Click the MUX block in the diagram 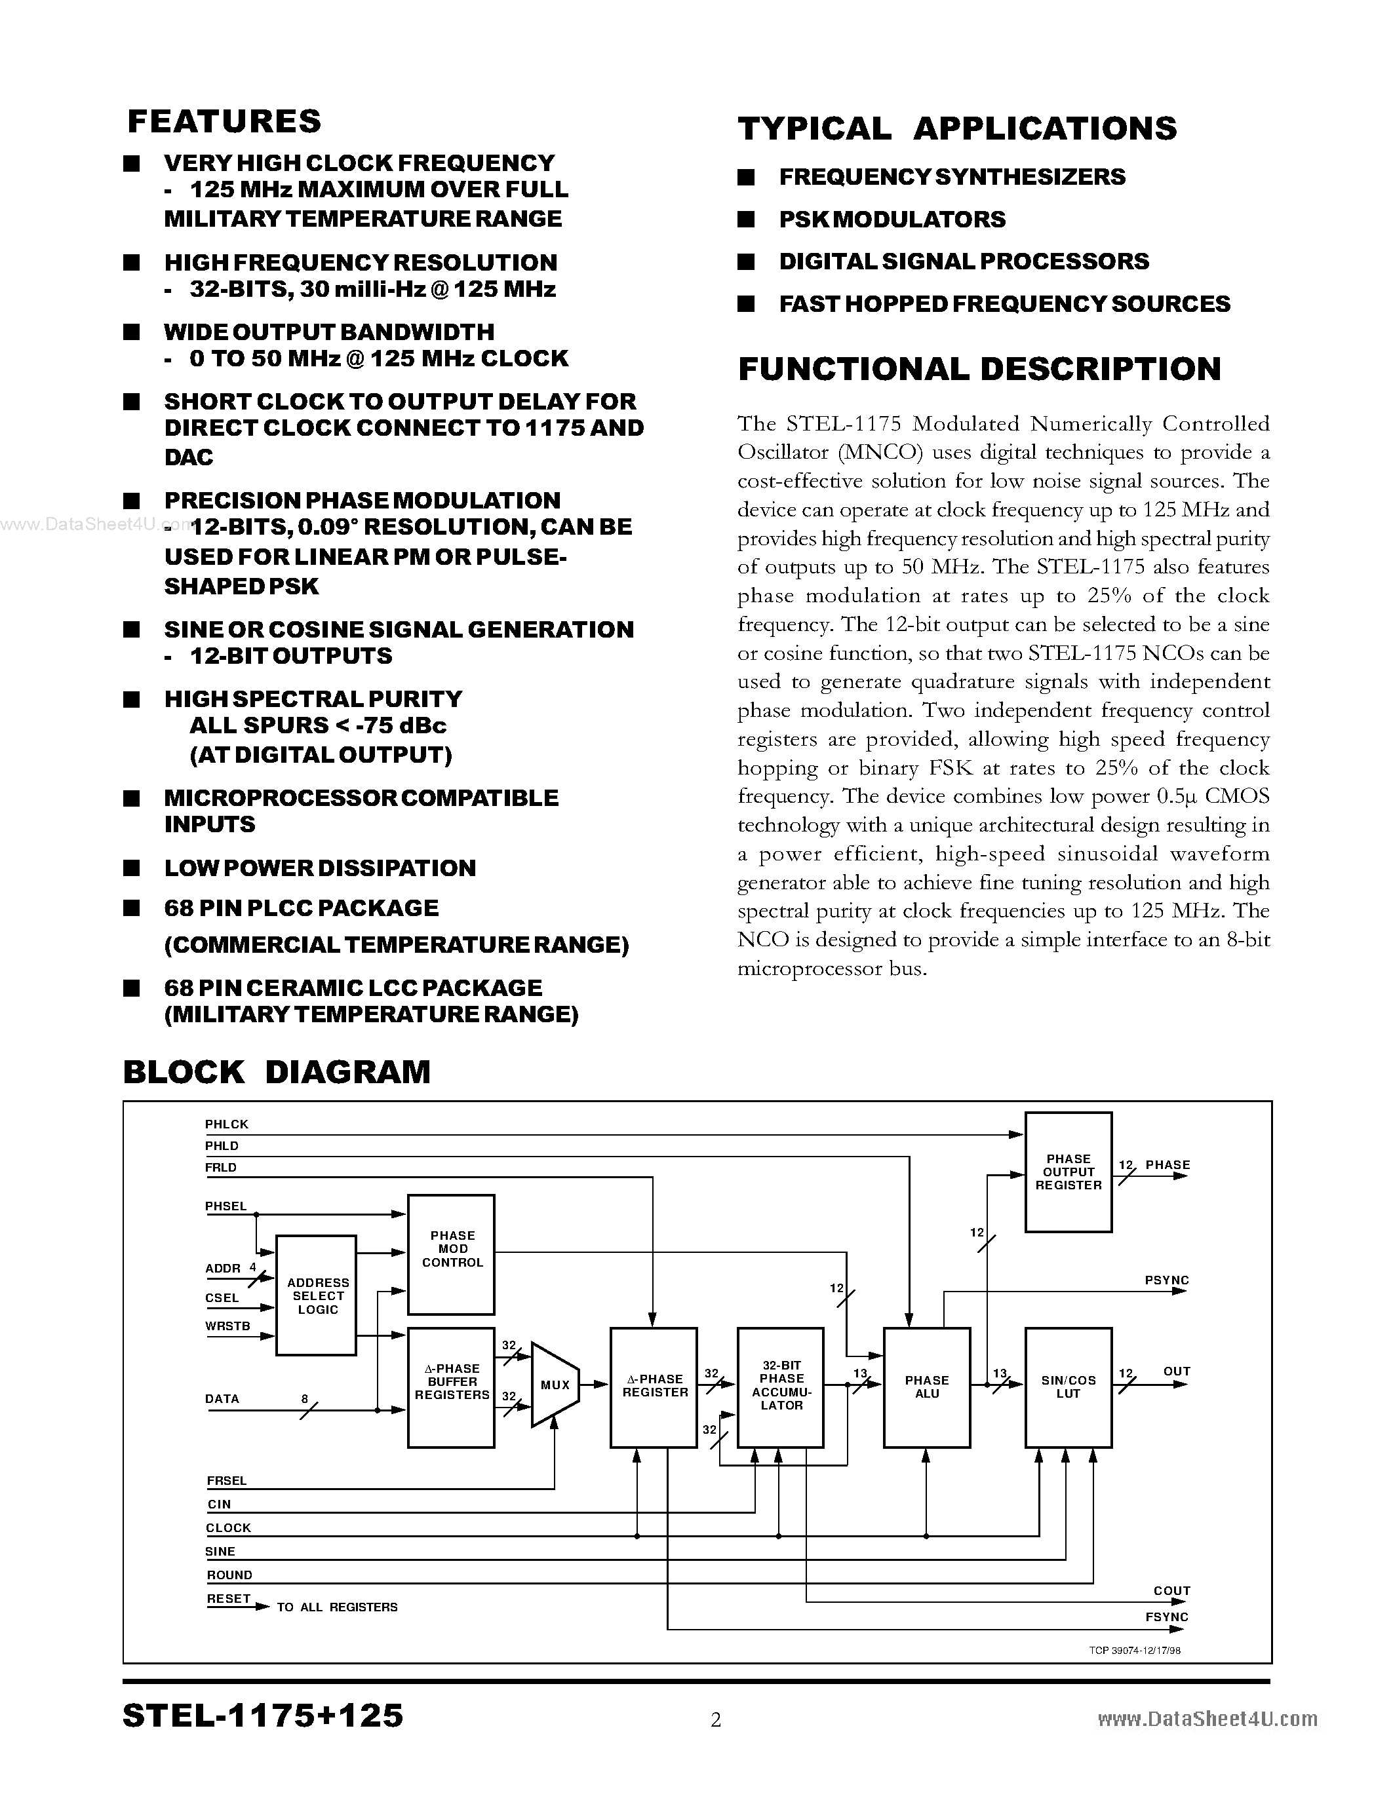[x=555, y=1385]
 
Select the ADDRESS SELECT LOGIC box [x=317, y=1295]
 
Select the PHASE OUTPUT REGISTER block [x=1068, y=1172]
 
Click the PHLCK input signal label [x=227, y=1124]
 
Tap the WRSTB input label [x=227, y=1326]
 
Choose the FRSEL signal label [x=227, y=1481]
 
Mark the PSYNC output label [x=1166, y=1280]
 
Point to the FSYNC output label [x=1166, y=1617]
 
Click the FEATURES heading [x=224, y=121]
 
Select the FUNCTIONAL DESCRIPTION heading [x=979, y=369]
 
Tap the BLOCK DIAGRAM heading [x=277, y=1072]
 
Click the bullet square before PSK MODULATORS [x=746, y=220]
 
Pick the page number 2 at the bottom [x=715, y=1719]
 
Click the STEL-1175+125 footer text [x=262, y=1716]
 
